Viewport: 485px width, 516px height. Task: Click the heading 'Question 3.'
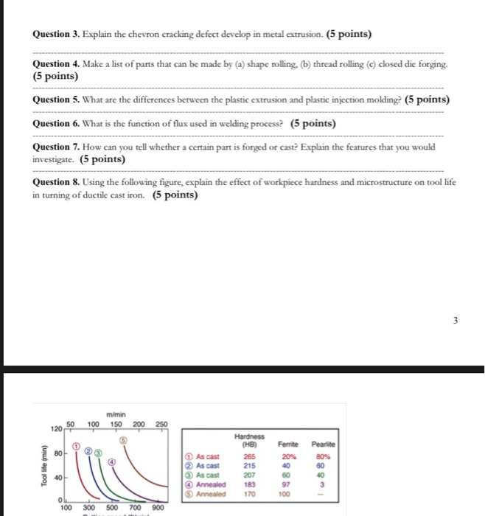[57, 35]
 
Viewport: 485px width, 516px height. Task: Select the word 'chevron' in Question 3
[143, 35]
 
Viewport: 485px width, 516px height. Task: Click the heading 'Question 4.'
[57, 65]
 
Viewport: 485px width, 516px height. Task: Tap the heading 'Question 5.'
[57, 100]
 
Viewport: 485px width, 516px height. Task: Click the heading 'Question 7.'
[57, 147]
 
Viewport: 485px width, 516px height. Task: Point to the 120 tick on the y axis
[57, 427]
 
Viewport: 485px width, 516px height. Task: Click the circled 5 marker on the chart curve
[122, 438]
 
